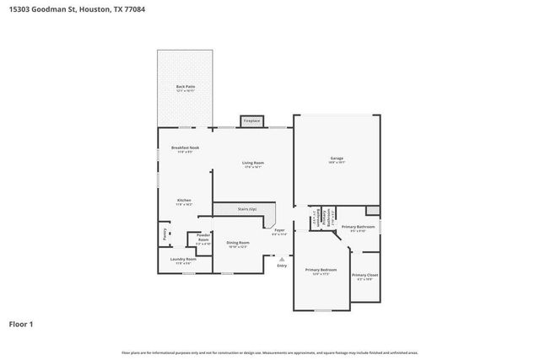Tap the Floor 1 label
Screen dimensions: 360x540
(21, 323)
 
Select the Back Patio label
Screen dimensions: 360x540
(185, 88)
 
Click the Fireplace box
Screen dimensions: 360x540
(251, 121)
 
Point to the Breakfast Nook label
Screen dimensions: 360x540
(185, 148)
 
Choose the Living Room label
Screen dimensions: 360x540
(253, 163)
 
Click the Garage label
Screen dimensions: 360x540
(337, 158)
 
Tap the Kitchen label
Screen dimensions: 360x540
(184, 201)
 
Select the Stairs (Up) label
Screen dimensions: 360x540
(246, 208)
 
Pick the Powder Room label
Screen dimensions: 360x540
(203, 238)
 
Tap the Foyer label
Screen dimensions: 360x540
(279, 230)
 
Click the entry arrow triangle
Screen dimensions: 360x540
(282, 259)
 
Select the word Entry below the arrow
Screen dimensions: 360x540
(282, 266)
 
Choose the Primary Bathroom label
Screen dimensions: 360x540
(358, 227)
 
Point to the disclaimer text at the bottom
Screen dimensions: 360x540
(270, 352)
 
